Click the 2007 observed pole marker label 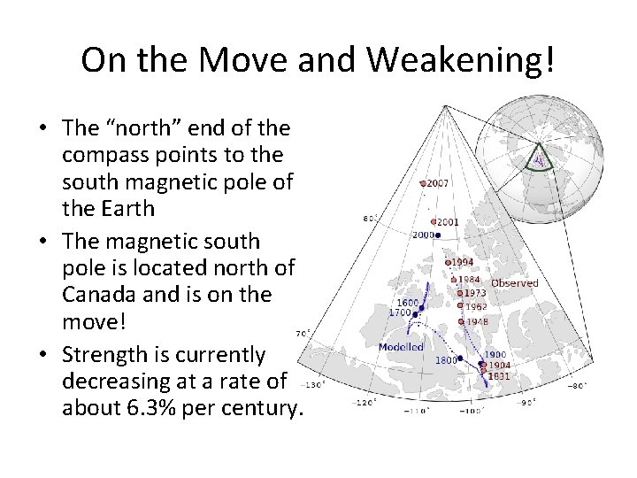[x=438, y=183]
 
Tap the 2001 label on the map [x=447, y=222]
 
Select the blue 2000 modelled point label [x=423, y=235]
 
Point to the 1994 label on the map [x=463, y=262]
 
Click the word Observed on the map [x=514, y=283]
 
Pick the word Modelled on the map [x=401, y=347]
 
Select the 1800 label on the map [x=446, y=360]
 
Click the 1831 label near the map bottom [x=499, y=375]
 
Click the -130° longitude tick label [x=314, y=385]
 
